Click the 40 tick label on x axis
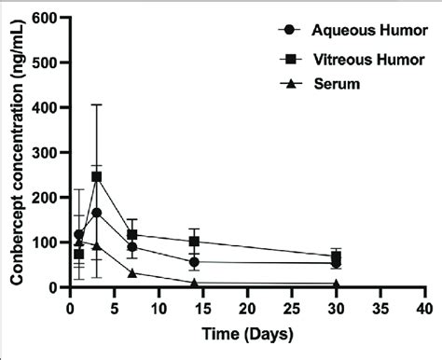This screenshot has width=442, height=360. point(424,306)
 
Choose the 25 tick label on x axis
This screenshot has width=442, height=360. point(291,306)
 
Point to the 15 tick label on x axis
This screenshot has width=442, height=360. point(202,306)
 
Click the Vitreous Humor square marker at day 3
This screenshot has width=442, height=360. point(97,177)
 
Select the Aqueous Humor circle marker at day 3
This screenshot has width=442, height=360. point(97,213)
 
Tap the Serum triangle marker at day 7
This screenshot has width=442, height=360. point(132,273)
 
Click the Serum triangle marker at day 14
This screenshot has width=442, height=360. point(194,283)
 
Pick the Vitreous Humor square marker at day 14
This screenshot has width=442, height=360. point(194,242)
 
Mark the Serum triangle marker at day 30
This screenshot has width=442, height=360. point(336,284)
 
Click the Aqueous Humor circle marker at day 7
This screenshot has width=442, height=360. point(132,247)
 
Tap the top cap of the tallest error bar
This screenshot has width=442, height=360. point(97,104)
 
